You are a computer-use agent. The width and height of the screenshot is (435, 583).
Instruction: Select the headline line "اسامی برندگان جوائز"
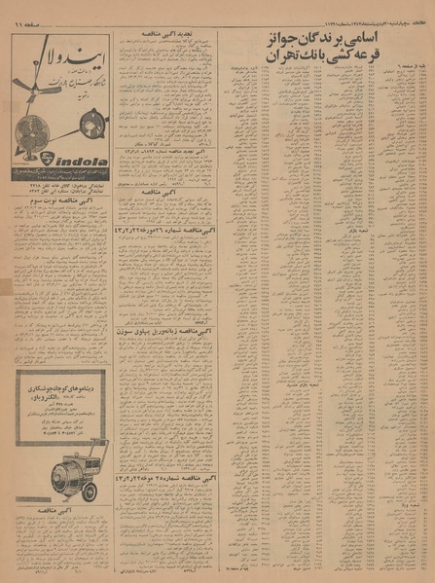323,40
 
